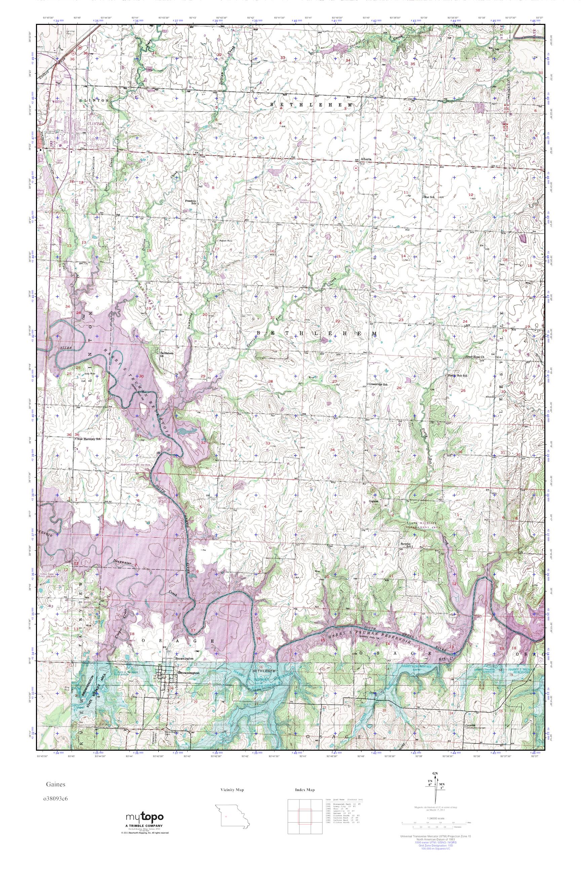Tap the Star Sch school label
pos(431,197)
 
